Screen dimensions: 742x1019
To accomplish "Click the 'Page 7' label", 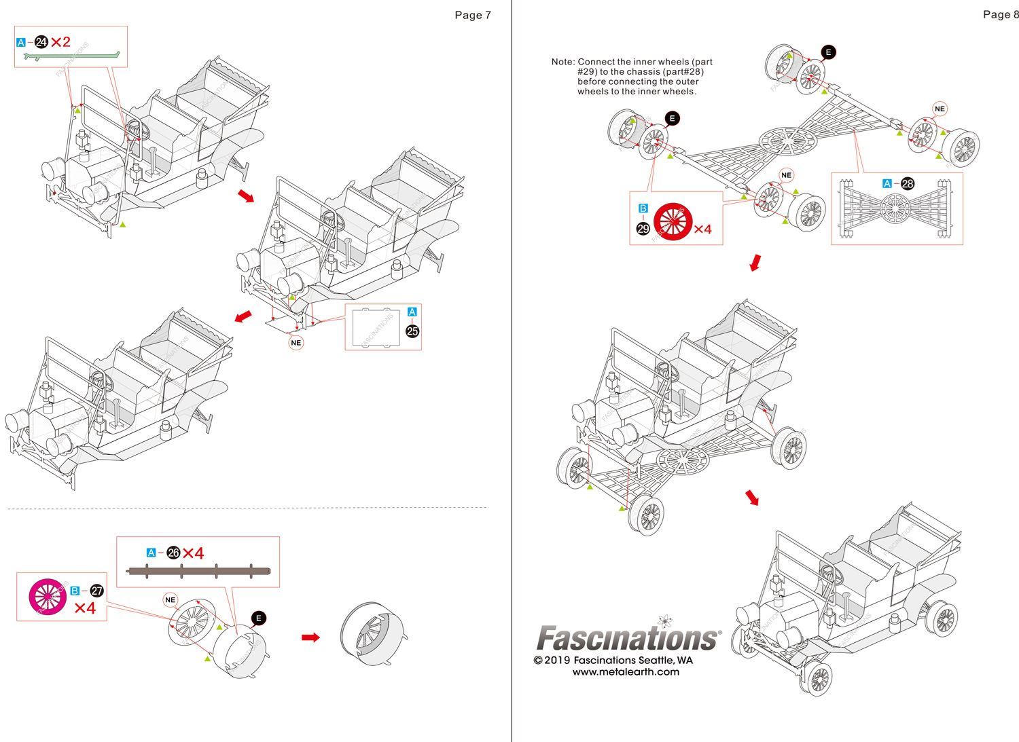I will [x=473, y=15].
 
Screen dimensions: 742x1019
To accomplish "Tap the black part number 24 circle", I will [x=41, y=43].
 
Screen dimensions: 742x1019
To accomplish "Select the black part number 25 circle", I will [x=412, y=331].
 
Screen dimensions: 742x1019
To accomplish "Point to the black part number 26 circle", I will [x=174, y=553].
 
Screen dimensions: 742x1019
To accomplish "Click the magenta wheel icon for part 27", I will [x=48, y=596].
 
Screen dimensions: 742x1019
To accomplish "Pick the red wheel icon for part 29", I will [x=673, y=222].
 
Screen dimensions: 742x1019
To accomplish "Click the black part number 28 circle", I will [x=908, y=183].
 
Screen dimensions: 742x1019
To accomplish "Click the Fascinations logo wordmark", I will [x=628, y=638].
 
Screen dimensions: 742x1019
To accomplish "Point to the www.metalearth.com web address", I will [x=625, y=672].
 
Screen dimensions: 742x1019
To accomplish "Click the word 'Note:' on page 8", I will [x=563, y=62].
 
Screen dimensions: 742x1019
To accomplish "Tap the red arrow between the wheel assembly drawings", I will [x=310, y=637].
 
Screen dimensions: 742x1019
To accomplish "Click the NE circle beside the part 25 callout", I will [x=296, y=343].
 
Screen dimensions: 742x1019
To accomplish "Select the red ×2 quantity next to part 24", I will [x=60, y=42].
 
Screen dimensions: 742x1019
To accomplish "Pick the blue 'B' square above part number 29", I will [x=643, y=208].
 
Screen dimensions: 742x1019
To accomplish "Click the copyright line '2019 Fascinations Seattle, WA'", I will [x=613, y=660].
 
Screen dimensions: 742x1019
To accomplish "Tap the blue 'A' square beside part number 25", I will [x=412, y=312].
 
